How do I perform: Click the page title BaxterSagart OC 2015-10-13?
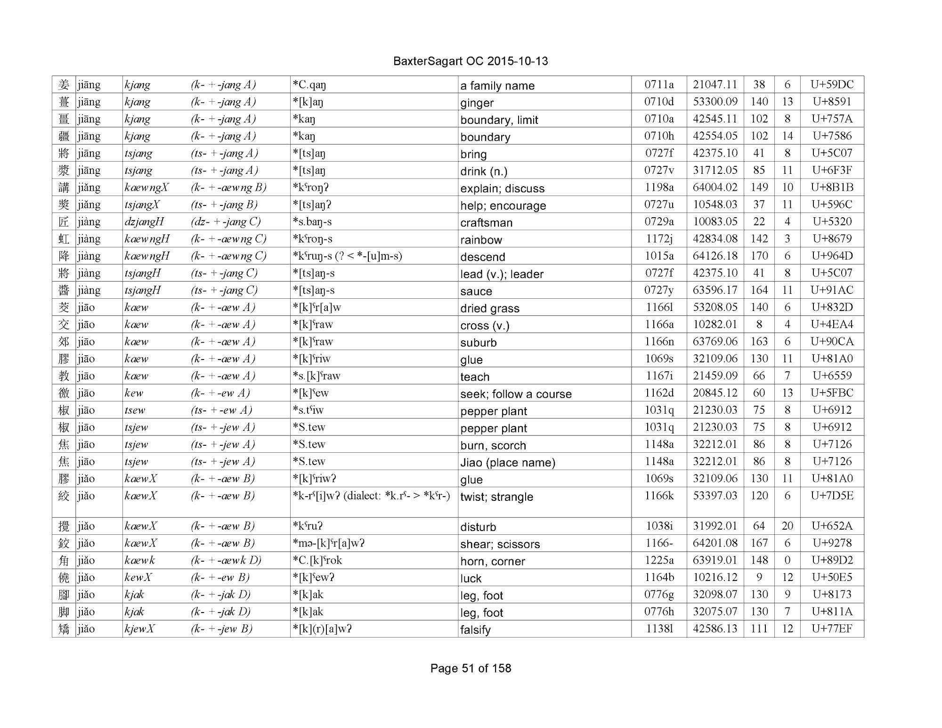470,61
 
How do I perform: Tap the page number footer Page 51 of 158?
471,668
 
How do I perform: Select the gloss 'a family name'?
497,85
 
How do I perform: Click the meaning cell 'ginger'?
477,103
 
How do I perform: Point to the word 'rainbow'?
481,240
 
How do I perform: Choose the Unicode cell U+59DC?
832,84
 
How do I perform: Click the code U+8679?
832,238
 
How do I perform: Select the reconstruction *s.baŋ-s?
312,222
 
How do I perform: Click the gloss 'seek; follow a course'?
516,394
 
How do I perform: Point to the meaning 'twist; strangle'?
496,497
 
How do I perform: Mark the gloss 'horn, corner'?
492,561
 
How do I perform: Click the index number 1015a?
659,256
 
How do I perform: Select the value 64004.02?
715,187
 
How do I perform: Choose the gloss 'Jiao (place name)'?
508,462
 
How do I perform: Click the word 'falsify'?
475,630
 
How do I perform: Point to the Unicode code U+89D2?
832,560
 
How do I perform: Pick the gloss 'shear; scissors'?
500,544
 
